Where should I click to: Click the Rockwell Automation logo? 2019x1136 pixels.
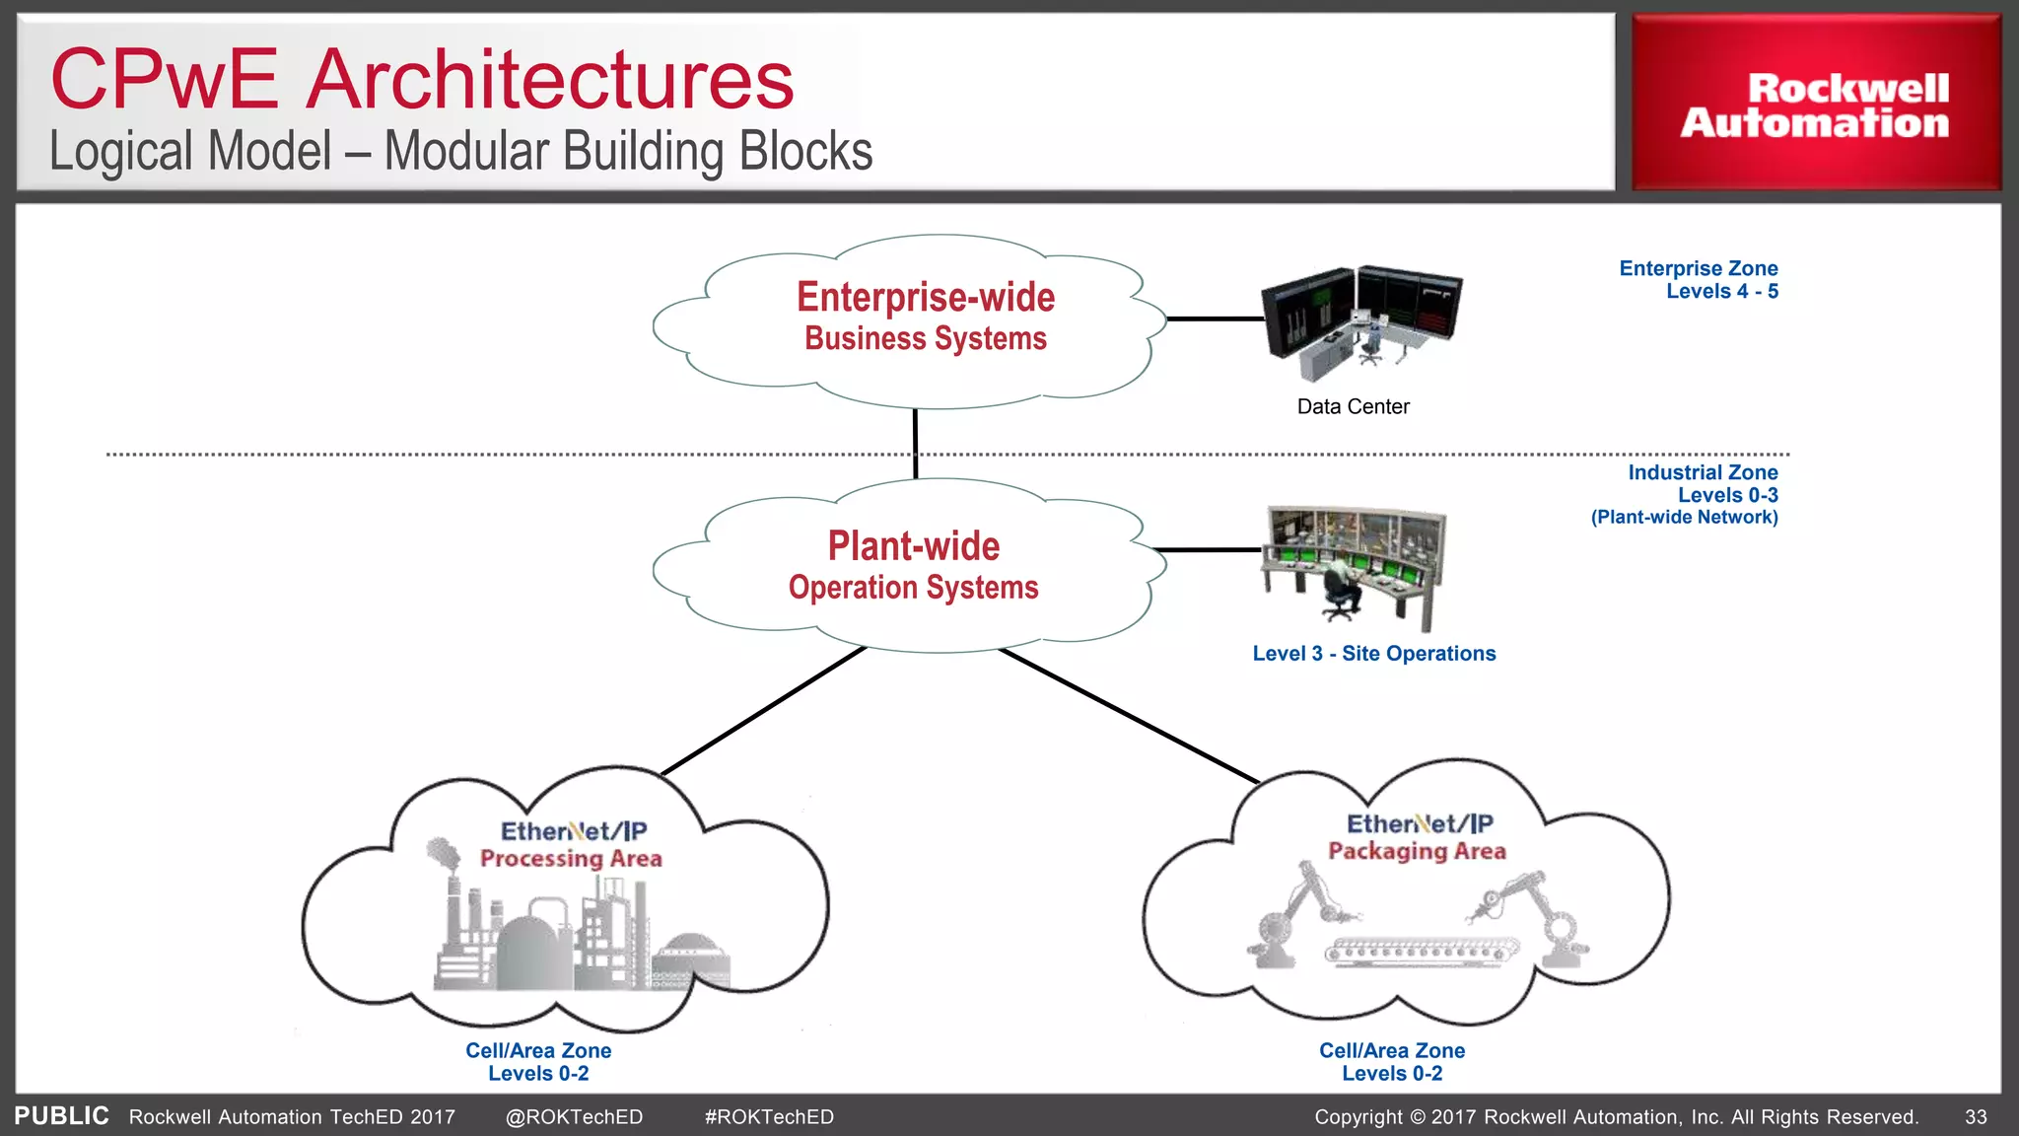click(x=1815, y=105)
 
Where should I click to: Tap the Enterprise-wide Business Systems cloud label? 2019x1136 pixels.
click(x=925, y=316)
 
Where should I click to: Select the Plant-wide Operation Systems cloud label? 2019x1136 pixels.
click(x=913, y=564)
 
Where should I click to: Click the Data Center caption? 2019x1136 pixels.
click(x=1353, y=406)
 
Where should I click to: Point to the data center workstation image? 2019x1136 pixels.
click(x=1360, y=321)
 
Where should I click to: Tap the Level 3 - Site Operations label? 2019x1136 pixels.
click(x=1373, y=653)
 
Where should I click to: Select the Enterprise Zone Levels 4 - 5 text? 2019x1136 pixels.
click(x=1698, y=279)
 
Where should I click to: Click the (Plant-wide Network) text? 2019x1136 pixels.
click(x=1684, y=517)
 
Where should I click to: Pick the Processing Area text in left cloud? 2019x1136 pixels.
click(x=571, y=858)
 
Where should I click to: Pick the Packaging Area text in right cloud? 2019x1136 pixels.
click(x=1417, y=850)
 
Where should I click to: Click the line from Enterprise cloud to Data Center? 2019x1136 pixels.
click(x=1215, y=319)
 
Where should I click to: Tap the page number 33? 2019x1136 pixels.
click(x=1976, y=1116)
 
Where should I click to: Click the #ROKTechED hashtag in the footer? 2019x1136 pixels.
click(x=769, y=1116)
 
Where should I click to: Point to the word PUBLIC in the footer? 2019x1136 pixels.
click(x=61, y=1115)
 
